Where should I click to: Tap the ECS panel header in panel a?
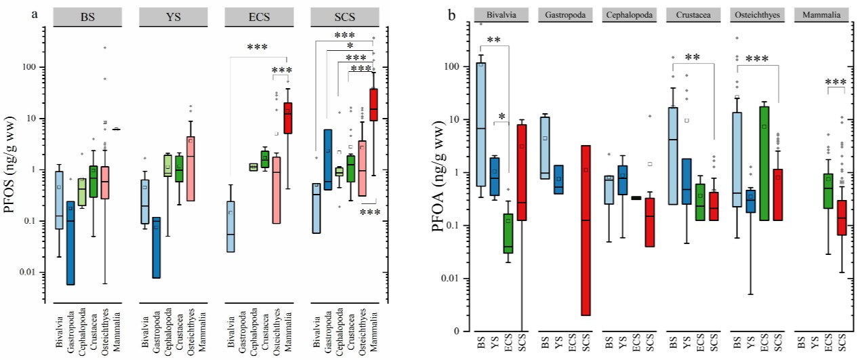(x=260, y=17)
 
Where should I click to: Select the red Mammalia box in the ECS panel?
(x=287, y=118)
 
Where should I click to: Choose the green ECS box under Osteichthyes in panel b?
(x=764, y=163)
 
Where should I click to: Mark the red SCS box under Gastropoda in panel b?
(x=586, y=231)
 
